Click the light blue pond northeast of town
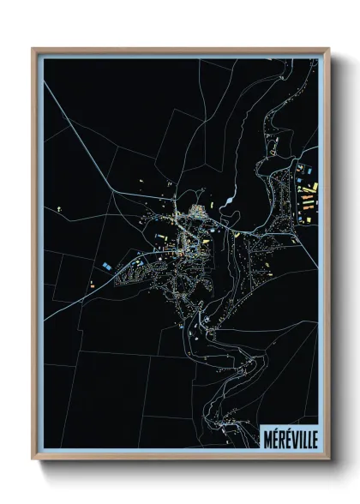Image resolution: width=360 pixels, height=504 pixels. click(x=229, y=204)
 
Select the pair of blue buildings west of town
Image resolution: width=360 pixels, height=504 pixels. click(x=106, y=267)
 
